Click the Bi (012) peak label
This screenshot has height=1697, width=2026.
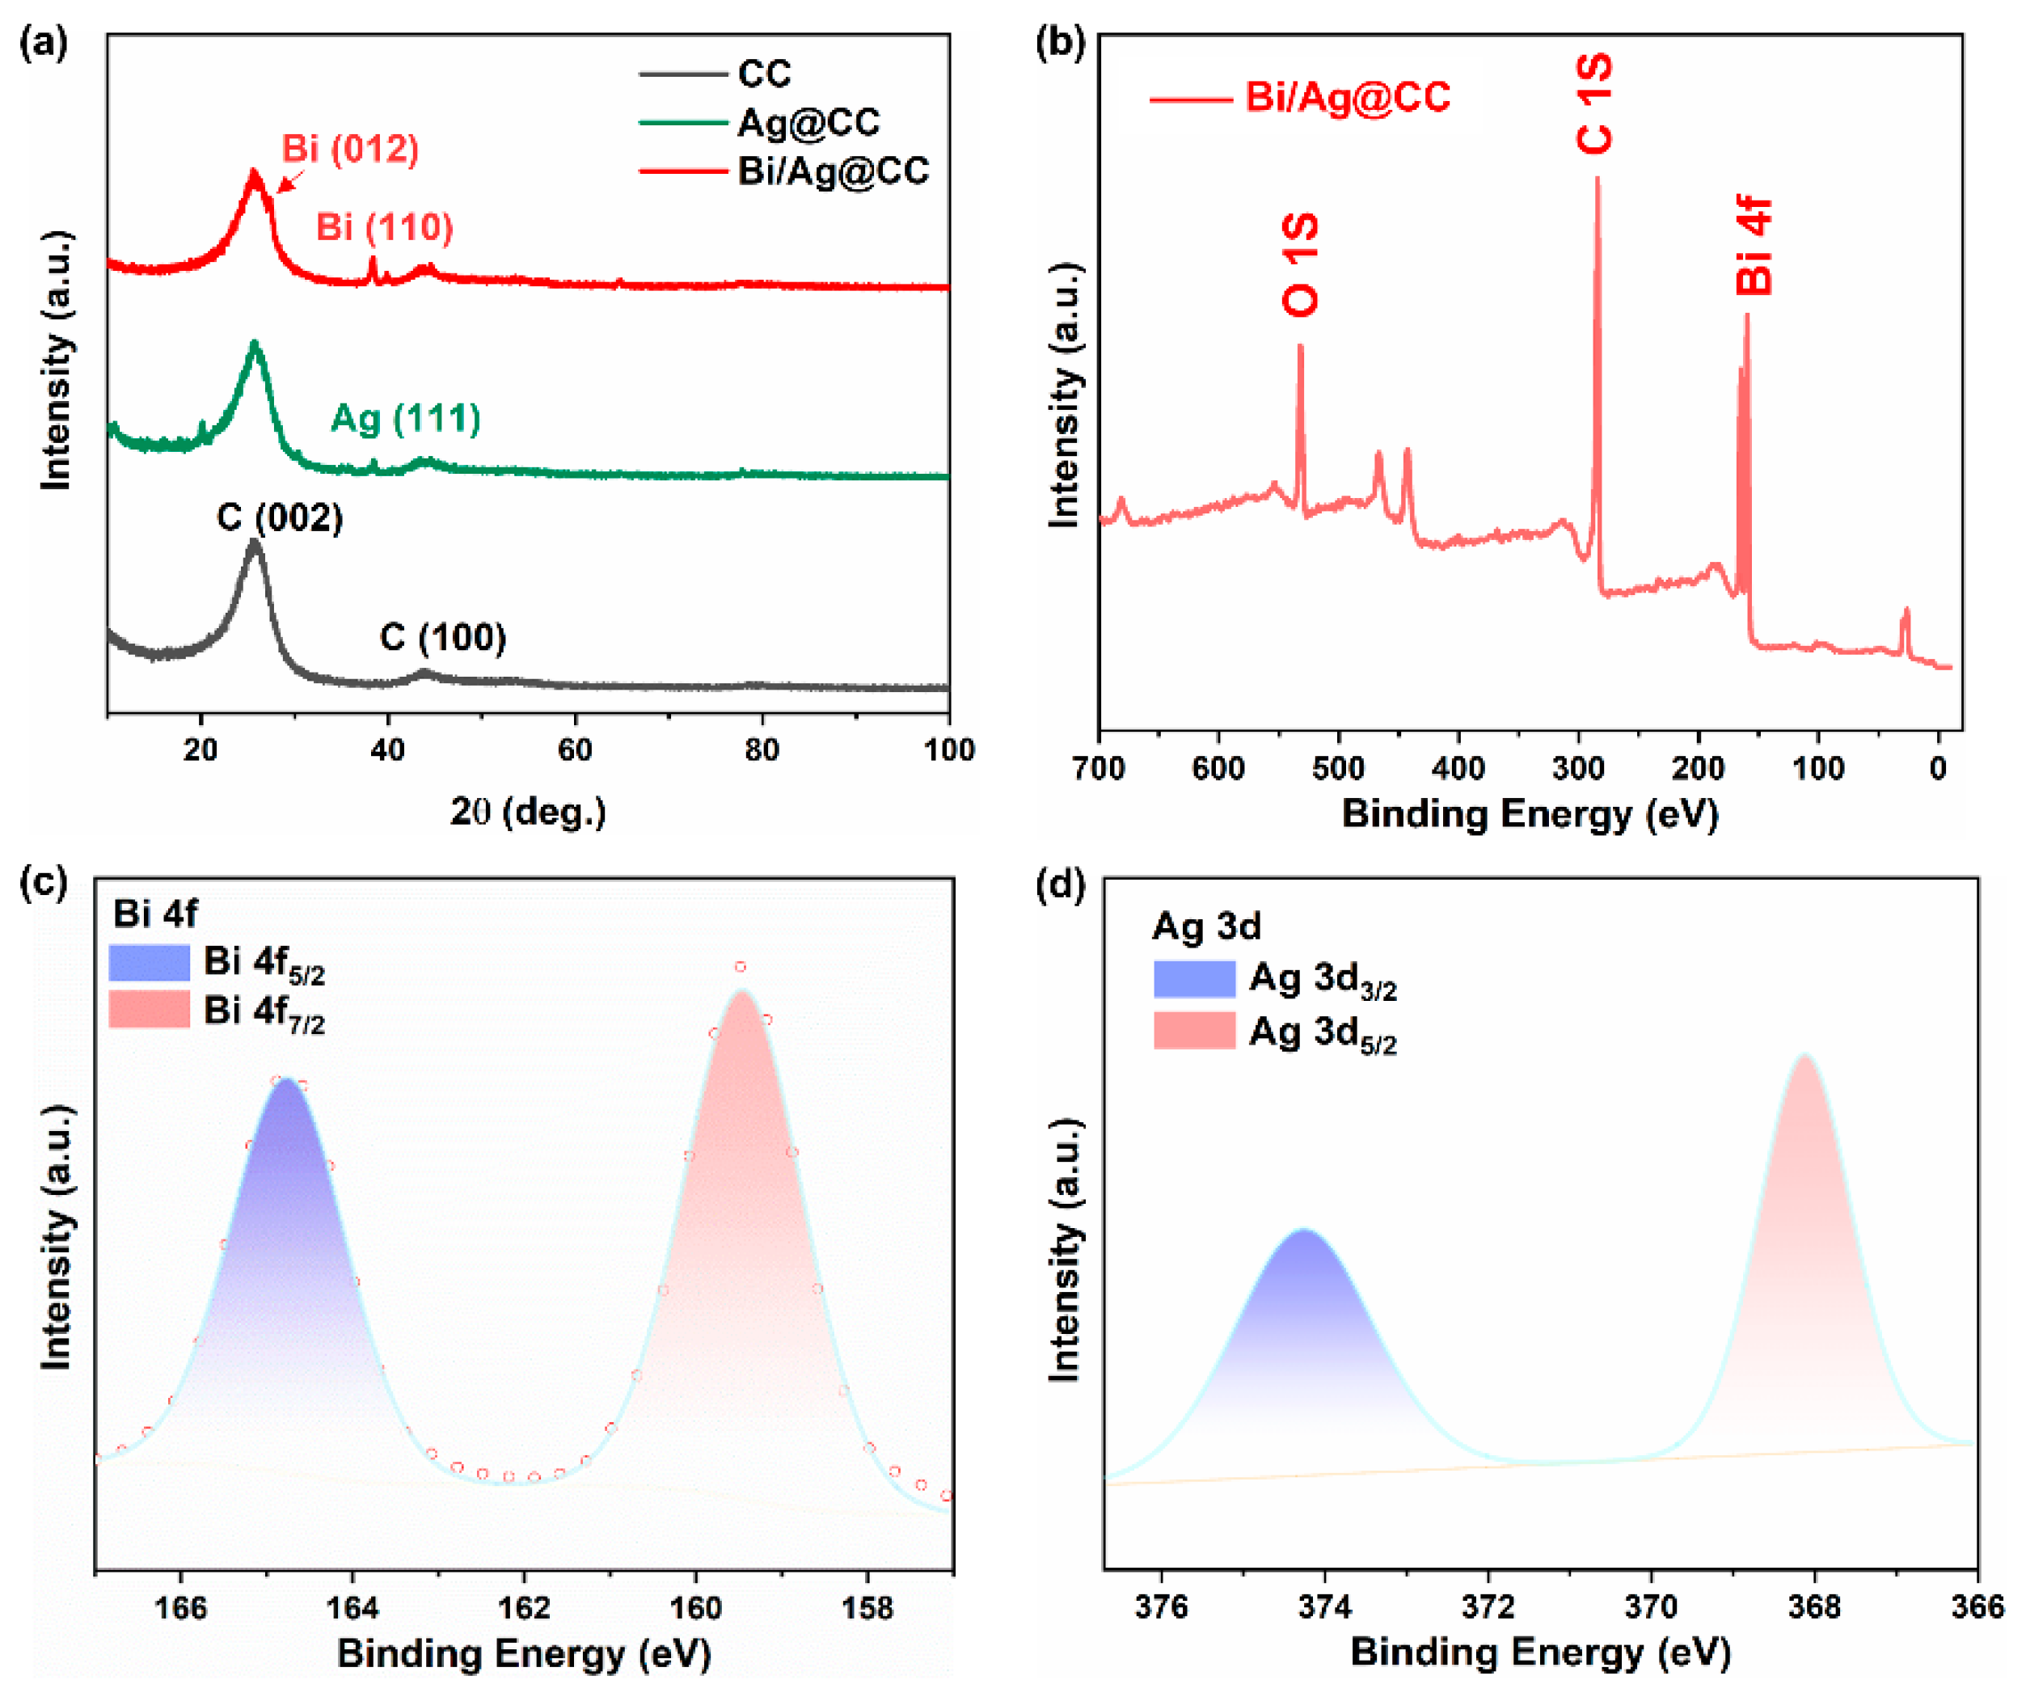click(x=349, y=149)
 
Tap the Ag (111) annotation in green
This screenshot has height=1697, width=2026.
click(x=405, y=419)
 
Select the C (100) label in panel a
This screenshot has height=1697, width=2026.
click(x=443, y=638)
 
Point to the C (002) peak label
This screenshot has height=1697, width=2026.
click(x=280, y=518)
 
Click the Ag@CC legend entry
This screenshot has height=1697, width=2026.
click(x=808, y=123)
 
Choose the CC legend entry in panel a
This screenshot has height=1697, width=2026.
click(x=763, y=74)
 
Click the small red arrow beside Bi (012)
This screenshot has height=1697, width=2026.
click(x=290, y=181)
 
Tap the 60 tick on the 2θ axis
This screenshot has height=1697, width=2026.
click(x=575, y=749)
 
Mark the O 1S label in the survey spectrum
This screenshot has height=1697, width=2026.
click(x=1299, y=265)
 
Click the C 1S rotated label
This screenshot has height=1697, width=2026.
click(x=1593, y=104)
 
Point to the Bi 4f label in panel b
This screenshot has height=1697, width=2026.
click(x=1753, y=245)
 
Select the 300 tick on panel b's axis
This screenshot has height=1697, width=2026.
click(x=1577, y=769)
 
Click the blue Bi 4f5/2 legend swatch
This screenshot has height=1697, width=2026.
click(x=149, y=963)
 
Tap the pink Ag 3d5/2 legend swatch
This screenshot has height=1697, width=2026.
click(x=1193, y=1030)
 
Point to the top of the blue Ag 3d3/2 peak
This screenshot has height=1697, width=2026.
click(x=1304, y=1232)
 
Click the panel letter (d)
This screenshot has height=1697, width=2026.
click(x=1059, y=884)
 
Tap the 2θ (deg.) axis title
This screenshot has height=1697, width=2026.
click(x=528, y=812)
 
